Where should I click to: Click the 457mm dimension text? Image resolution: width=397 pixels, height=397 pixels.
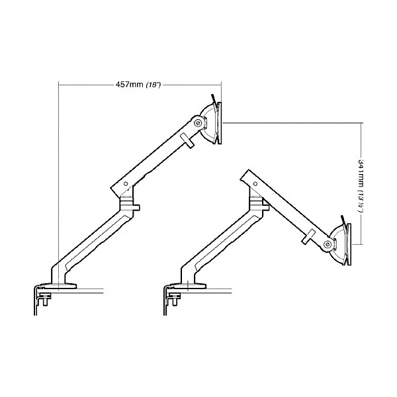tap(129, 85)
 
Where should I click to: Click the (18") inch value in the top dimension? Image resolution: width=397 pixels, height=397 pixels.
tap(153, 85)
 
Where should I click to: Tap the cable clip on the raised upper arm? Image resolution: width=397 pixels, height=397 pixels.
tap(187, 140)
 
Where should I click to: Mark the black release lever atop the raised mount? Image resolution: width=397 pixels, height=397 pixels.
tap(214, 99)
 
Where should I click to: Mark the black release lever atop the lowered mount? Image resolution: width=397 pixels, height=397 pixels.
tap(341, 220)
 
